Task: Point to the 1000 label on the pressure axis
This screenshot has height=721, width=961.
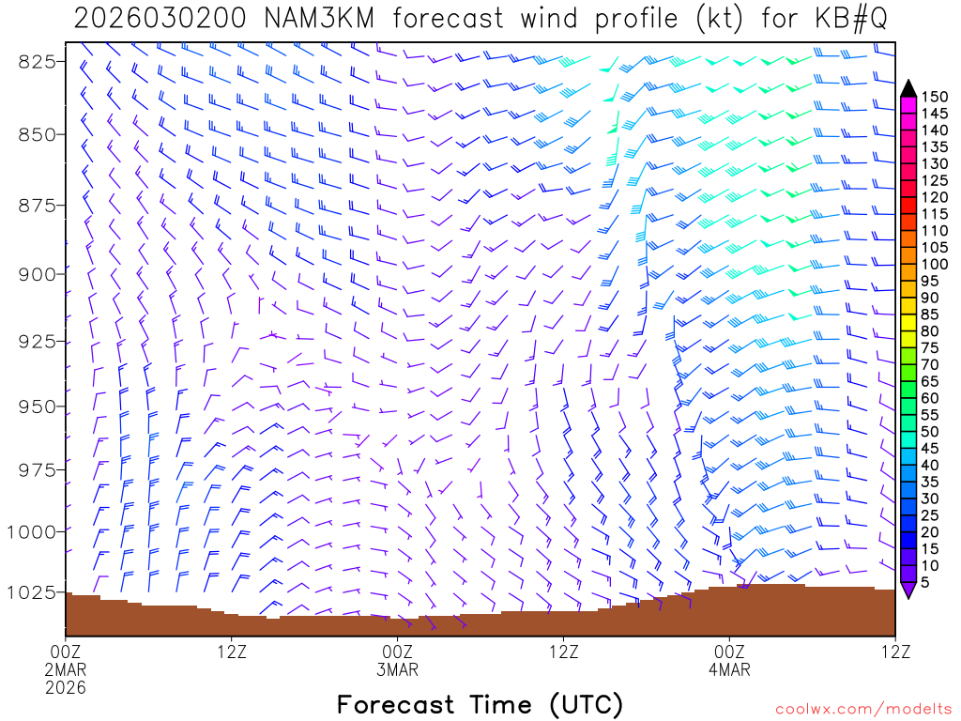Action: click(32, 531)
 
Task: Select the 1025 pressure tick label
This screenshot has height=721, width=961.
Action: click(32, 592)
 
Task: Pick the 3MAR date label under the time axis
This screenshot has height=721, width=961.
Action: click(398, 670)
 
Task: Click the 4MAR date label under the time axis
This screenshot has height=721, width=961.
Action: click(729, 670)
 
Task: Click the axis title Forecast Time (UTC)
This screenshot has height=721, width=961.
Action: click(480, 705)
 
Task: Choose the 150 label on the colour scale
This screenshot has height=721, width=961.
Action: click(935, 97)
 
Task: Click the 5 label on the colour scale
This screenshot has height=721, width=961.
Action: click(926, 582)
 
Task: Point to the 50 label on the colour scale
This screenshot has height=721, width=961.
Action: click(930, 431)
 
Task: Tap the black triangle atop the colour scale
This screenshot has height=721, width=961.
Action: click(908, 88)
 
